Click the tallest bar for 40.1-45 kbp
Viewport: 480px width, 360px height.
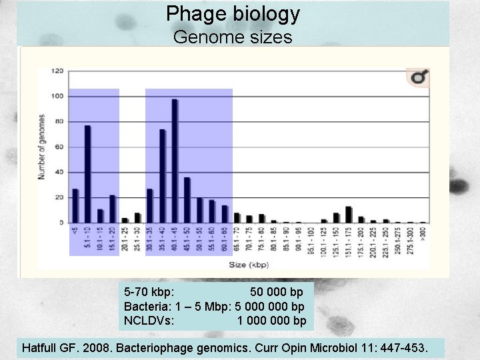[x=175, y=161]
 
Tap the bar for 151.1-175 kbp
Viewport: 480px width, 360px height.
[x=349, y=215]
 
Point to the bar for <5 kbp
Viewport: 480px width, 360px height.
[x=75, y=205]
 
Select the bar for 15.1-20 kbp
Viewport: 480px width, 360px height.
[x=113, y=209]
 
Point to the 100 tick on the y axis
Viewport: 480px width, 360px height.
[x=59, y=96]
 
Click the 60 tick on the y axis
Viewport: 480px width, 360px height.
[x=60, y=147]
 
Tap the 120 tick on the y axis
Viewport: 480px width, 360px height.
[x=59, y=71]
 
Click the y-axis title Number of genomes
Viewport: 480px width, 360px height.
[x=41, y=147]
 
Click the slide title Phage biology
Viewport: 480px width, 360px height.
[x=233, y=13]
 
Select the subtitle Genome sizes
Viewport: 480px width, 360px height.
[x=233, y=37]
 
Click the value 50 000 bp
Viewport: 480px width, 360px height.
[x=276, y=292]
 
